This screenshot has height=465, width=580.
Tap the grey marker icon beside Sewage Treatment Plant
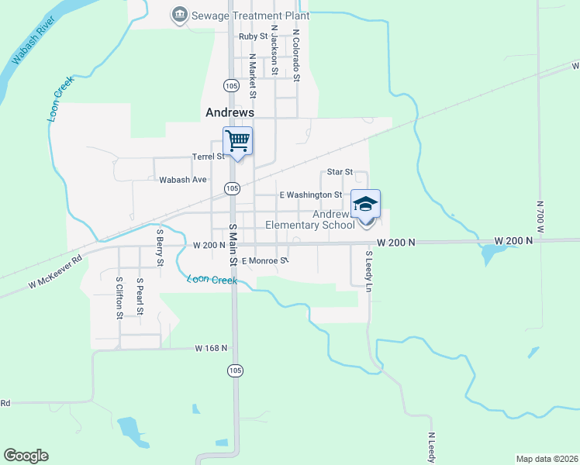pos(180,14)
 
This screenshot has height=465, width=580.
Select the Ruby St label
pos(253,36)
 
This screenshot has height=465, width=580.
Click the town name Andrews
pos(230,112)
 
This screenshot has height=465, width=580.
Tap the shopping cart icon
pos(238,141)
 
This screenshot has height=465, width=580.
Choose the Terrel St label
pos(209,156)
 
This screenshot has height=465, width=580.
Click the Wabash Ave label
pos(183,180)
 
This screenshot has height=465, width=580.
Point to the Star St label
pos(340,171)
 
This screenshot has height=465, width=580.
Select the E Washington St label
pos(310,195)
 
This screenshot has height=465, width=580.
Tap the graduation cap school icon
pos(366,204)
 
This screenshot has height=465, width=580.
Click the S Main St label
pos(233,243)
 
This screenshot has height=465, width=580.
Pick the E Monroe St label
pos(264,261)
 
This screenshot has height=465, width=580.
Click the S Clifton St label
pos(119,298)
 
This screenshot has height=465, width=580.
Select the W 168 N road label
pos(211,348)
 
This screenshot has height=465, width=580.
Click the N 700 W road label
pos(540,216)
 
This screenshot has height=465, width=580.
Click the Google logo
pos(26,456)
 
